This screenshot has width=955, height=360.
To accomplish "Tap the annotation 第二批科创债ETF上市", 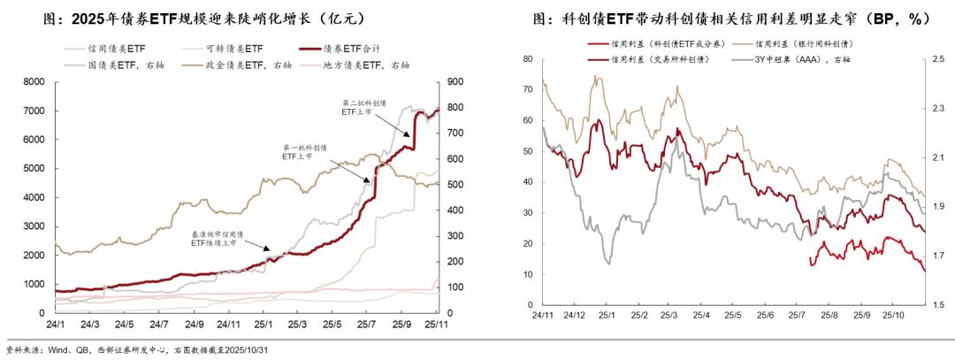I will coord(360,108).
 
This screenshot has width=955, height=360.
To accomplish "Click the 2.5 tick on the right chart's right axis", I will coord(938,59).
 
